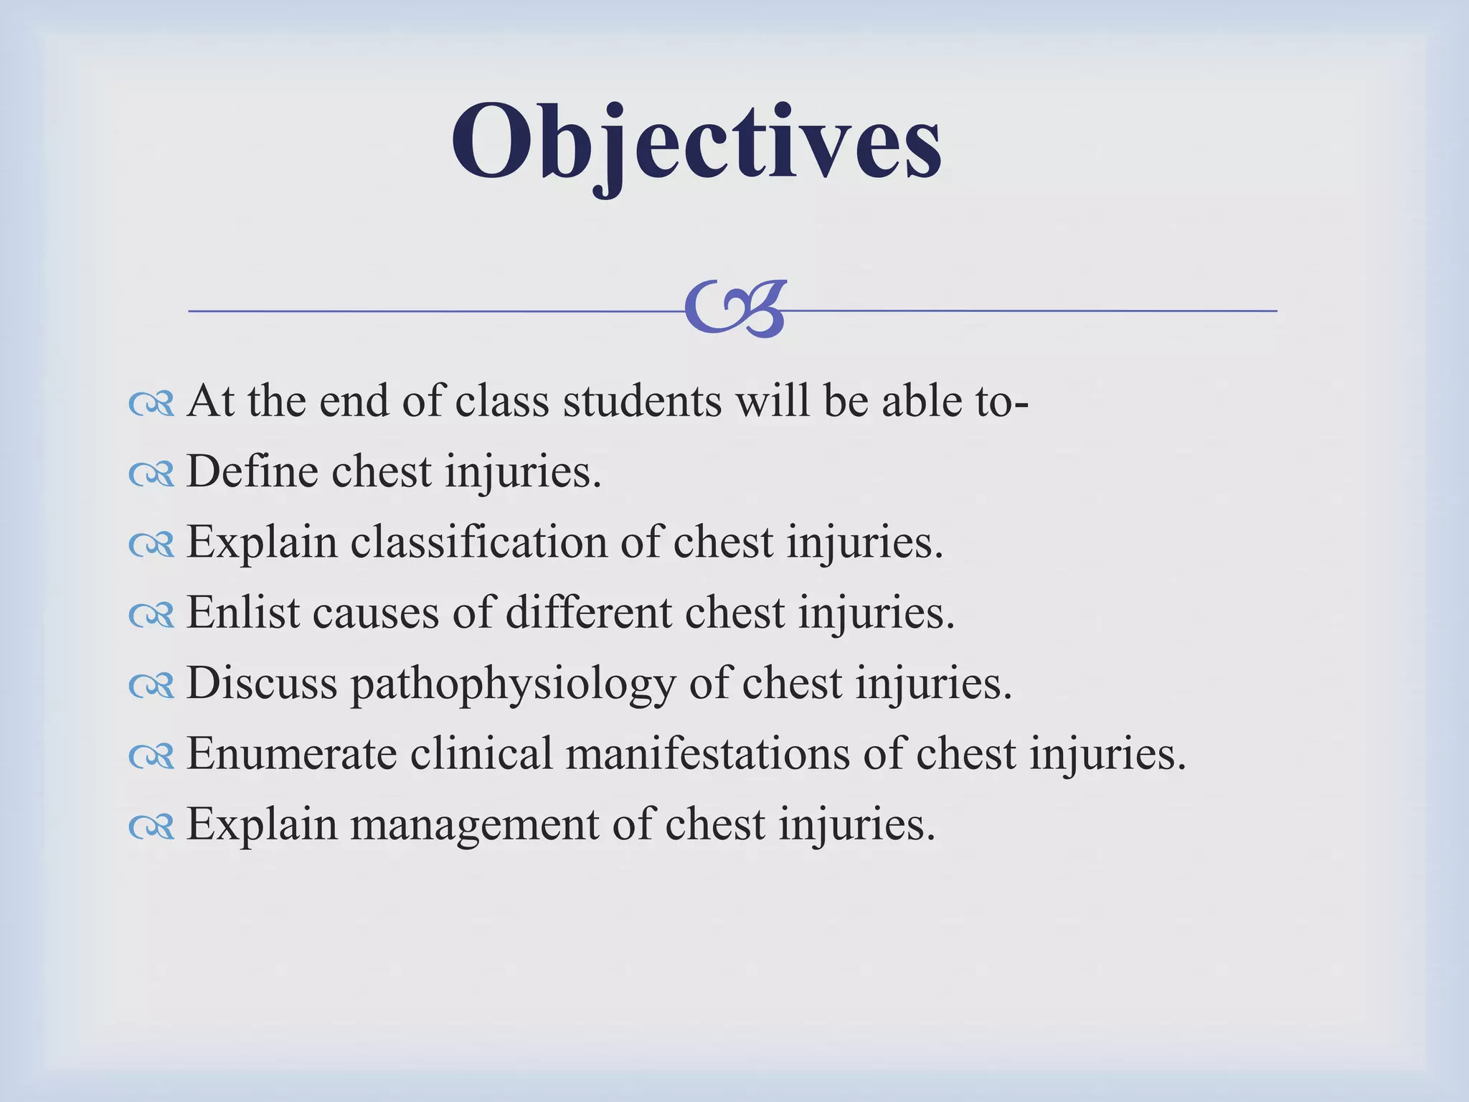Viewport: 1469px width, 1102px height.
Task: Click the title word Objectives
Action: click(x=696, y=143)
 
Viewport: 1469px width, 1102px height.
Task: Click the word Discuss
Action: click(x=261, y=684)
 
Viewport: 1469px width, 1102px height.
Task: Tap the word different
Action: click(x=588, y=613)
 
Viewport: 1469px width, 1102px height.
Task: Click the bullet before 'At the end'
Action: click(x=151, y=405)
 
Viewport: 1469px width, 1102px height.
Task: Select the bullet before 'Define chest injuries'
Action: click(x=151, y=475)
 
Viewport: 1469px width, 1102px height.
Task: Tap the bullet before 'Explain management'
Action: click(x=151, y=827)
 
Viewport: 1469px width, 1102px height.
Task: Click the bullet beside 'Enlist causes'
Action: click(x=151, y=616)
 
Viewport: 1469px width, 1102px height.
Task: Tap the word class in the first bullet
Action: click(x=502, y=402)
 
